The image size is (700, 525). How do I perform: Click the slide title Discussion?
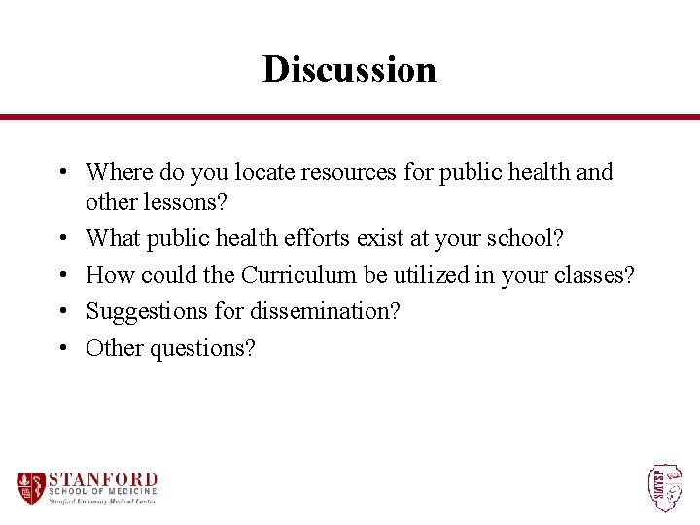(x=349, y=69)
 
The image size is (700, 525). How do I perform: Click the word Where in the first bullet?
(x=115, y=172)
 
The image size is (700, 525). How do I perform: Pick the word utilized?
(x=427, y=275)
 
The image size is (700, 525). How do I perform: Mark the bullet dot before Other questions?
(x=61, y=347)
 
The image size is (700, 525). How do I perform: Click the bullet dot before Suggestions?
(x=61, y=311)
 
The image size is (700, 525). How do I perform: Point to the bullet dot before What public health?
(x=61, y=237)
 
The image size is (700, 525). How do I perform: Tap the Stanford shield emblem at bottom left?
(x=31, y=487)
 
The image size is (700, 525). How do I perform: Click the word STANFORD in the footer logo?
(x=102, y=479)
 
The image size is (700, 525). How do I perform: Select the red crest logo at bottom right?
(x=665, y=487)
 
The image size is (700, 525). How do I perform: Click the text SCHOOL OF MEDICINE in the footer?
(x=102, y=492)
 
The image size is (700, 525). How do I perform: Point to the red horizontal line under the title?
(x=350, y=117)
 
